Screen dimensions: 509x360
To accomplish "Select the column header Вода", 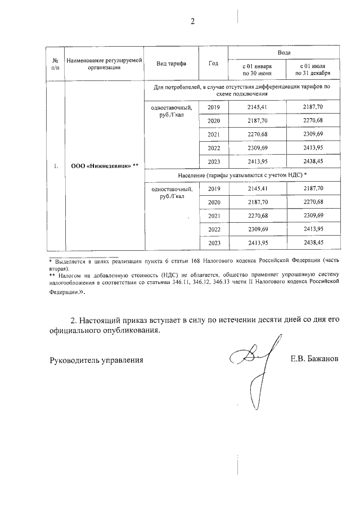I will point(284,52).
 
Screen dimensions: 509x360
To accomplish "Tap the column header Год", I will point(213,63).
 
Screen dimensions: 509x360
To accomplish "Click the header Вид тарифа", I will point(172,63).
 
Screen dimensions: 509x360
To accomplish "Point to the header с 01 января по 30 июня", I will point(256,70).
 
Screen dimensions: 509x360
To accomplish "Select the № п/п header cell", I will point(55,63).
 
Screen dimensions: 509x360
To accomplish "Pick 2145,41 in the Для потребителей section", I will point(256,107).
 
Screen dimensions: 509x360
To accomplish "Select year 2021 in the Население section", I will point(213,215).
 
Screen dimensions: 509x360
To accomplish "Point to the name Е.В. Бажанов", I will point(315,358).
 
